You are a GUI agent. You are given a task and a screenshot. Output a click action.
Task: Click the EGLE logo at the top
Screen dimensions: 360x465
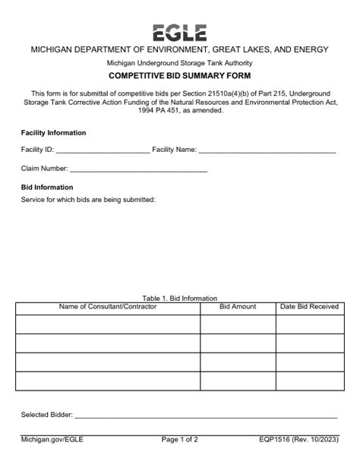click(179, 33)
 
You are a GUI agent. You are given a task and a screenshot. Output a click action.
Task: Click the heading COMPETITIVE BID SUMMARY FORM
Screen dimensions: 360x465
click(179, 77)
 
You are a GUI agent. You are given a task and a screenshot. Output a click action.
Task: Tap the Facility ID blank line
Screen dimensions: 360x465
click(103, 150)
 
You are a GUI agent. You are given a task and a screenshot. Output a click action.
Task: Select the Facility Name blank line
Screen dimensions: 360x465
click(267, 150)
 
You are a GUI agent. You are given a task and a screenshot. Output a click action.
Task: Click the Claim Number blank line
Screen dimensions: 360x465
click(139, 169)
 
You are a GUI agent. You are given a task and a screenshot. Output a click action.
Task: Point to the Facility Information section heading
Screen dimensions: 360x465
click(53, 133)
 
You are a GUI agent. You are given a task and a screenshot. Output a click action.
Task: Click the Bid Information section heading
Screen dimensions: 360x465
click(47, 187)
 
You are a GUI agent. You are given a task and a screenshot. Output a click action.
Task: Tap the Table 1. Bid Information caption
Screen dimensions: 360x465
click(179, 298)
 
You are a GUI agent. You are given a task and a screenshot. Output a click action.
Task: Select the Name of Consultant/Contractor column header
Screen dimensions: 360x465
click(108, 307)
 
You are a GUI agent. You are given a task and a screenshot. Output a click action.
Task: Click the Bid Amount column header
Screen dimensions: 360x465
click(238, 307)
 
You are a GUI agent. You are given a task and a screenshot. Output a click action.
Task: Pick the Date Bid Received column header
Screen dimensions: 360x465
click(309, 307)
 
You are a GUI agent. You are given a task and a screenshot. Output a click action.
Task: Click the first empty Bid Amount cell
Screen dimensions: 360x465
click(238, 324)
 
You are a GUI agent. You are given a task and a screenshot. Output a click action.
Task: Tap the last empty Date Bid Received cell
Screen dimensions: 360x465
click(309, 381)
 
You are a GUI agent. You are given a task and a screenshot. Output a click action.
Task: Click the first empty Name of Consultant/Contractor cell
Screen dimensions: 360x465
click(108, 324)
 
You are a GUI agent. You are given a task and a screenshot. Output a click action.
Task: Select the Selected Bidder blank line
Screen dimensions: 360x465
click(205, 416)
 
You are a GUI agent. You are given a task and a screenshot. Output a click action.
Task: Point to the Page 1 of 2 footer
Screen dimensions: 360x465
click(180, 439)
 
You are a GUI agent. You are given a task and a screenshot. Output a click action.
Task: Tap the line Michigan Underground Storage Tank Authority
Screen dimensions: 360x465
click(179, 62)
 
